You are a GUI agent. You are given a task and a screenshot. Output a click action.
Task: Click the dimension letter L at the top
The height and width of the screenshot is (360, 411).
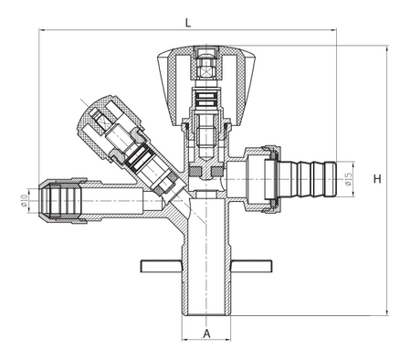click(x=188, y=21)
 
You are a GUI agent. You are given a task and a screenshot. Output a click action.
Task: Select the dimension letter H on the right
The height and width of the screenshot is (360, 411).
click(x=377, y=179)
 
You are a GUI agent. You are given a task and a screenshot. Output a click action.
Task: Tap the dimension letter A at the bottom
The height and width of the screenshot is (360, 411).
click(x=206, y=334)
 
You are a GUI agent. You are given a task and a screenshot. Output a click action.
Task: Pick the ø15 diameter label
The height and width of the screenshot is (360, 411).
click(x=348, y=174)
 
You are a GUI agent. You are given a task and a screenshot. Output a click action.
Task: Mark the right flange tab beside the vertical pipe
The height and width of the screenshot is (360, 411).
click(x=251, y=266)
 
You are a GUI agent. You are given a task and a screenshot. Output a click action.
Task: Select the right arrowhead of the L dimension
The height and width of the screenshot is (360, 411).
click(x=333, y=30)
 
